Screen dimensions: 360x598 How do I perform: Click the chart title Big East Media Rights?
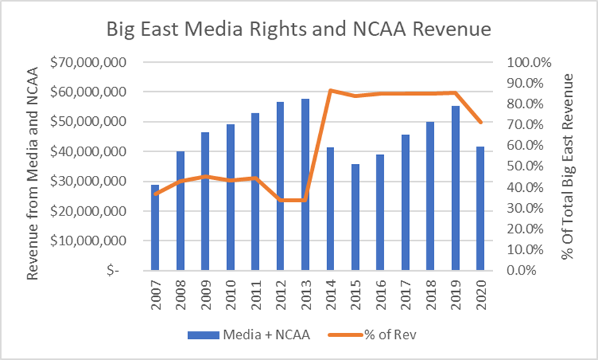click(299, 30)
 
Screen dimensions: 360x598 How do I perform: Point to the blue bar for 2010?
click(231, 197)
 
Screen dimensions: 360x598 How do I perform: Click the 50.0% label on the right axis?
click(530, 166)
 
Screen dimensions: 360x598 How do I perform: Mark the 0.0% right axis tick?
click(533, 270)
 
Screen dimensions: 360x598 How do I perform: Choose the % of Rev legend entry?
click(381, 335)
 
